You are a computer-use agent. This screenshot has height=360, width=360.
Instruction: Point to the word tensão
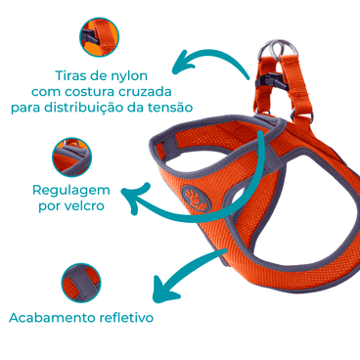click(x=168, y=107)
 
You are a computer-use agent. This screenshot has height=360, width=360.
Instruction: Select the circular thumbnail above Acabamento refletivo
click(x=81, y=284)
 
